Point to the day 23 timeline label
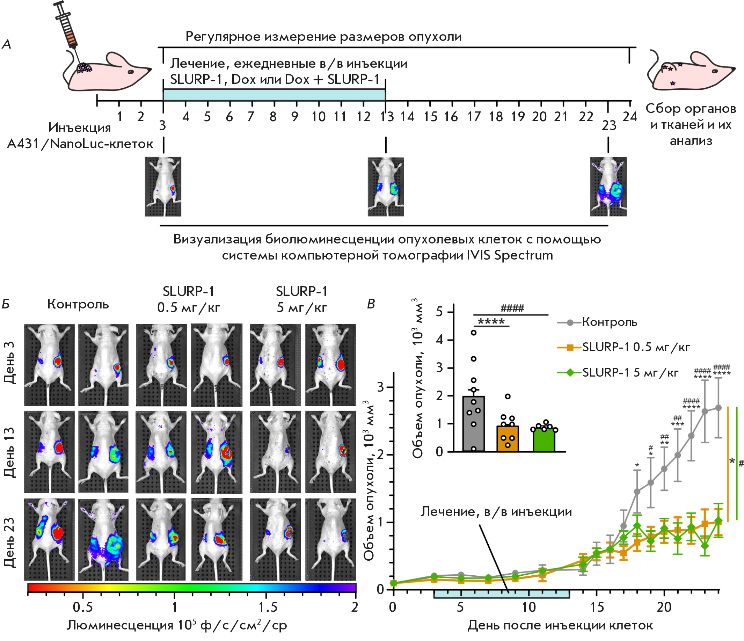[609, 125]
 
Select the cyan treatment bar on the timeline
[274, 95]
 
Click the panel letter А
[7, 44]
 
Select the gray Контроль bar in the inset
[474, 424]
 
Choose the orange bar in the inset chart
[508, 438]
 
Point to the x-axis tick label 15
[597, 607]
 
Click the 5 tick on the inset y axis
[439, 312]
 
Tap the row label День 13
[10, 452]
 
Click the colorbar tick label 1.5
[268, 607]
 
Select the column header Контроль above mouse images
[78, 304]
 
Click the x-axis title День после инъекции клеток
[560, 625]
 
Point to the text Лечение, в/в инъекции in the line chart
[496, 511]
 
